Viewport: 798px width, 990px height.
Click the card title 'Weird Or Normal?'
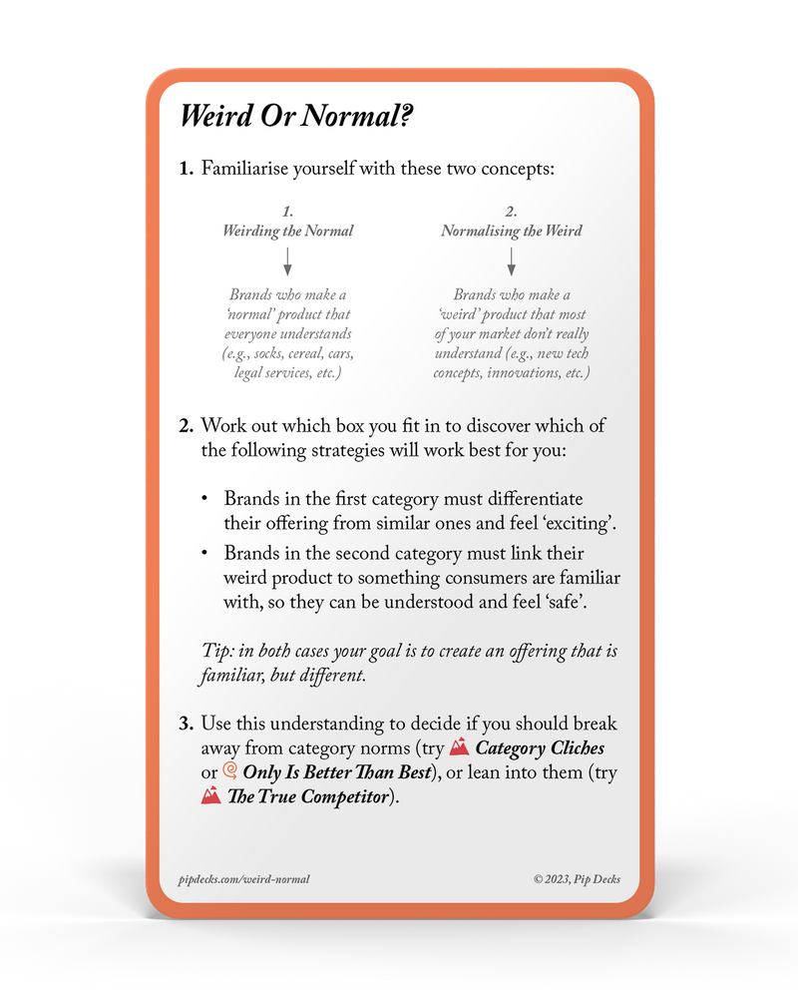coord(296,117)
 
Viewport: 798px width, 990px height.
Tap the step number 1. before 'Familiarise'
coord(187,169)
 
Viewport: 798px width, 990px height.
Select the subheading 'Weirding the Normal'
coord(287,231)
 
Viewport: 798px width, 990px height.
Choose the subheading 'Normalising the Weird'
coord(511,231)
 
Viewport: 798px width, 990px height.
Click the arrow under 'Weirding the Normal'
coord(287,261)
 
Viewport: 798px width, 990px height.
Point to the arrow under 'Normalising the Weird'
coord(511,261)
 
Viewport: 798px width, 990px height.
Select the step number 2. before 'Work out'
coord(187,426)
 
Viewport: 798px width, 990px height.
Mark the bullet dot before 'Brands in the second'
coord(204,553)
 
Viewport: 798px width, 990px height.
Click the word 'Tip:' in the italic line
coord(216,652)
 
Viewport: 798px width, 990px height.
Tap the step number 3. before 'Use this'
coord(187,723)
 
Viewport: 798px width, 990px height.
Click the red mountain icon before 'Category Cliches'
coord(459,746)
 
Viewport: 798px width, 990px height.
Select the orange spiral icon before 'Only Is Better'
coord(229,771)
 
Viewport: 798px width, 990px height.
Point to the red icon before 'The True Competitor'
coord(210,795)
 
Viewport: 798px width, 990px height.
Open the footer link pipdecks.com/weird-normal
coord(240,879)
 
